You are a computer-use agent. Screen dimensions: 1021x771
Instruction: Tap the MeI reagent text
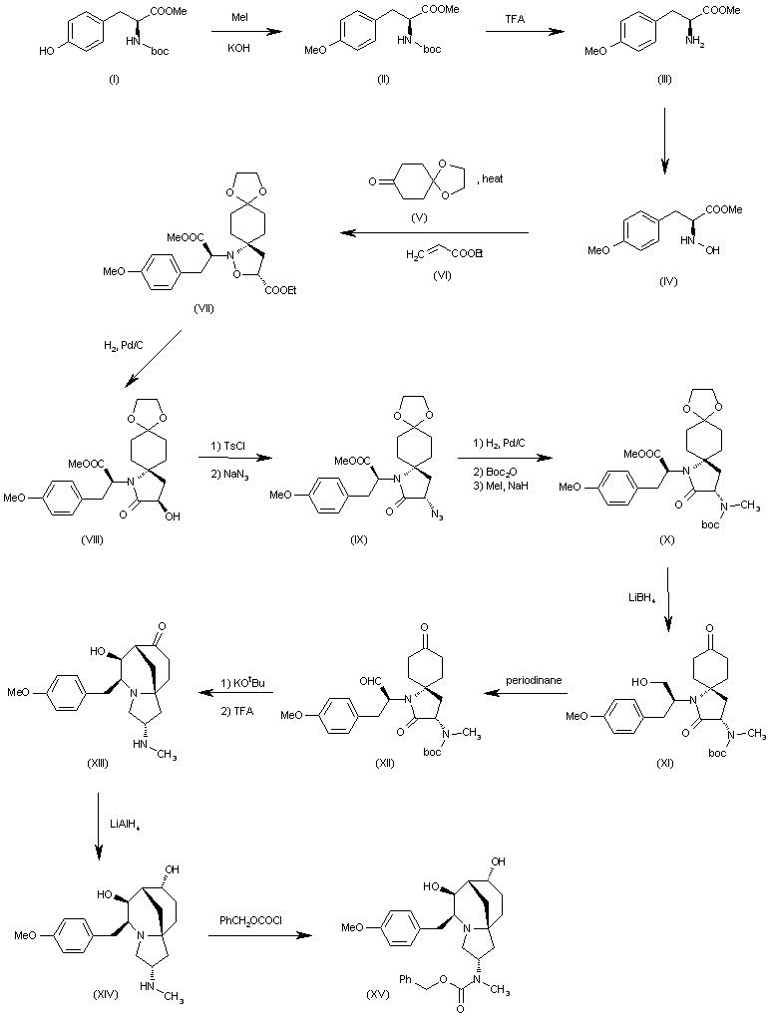(240, 16)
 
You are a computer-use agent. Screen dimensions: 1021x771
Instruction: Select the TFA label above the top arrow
(514, 18)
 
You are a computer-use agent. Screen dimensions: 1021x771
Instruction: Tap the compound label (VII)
(205, 310)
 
